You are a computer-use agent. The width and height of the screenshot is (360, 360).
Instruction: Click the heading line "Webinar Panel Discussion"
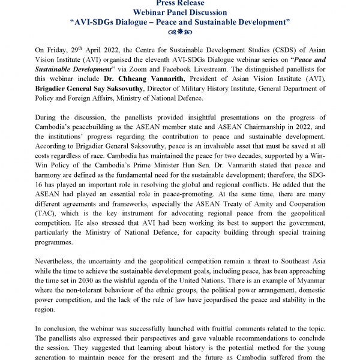pos(180,13)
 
